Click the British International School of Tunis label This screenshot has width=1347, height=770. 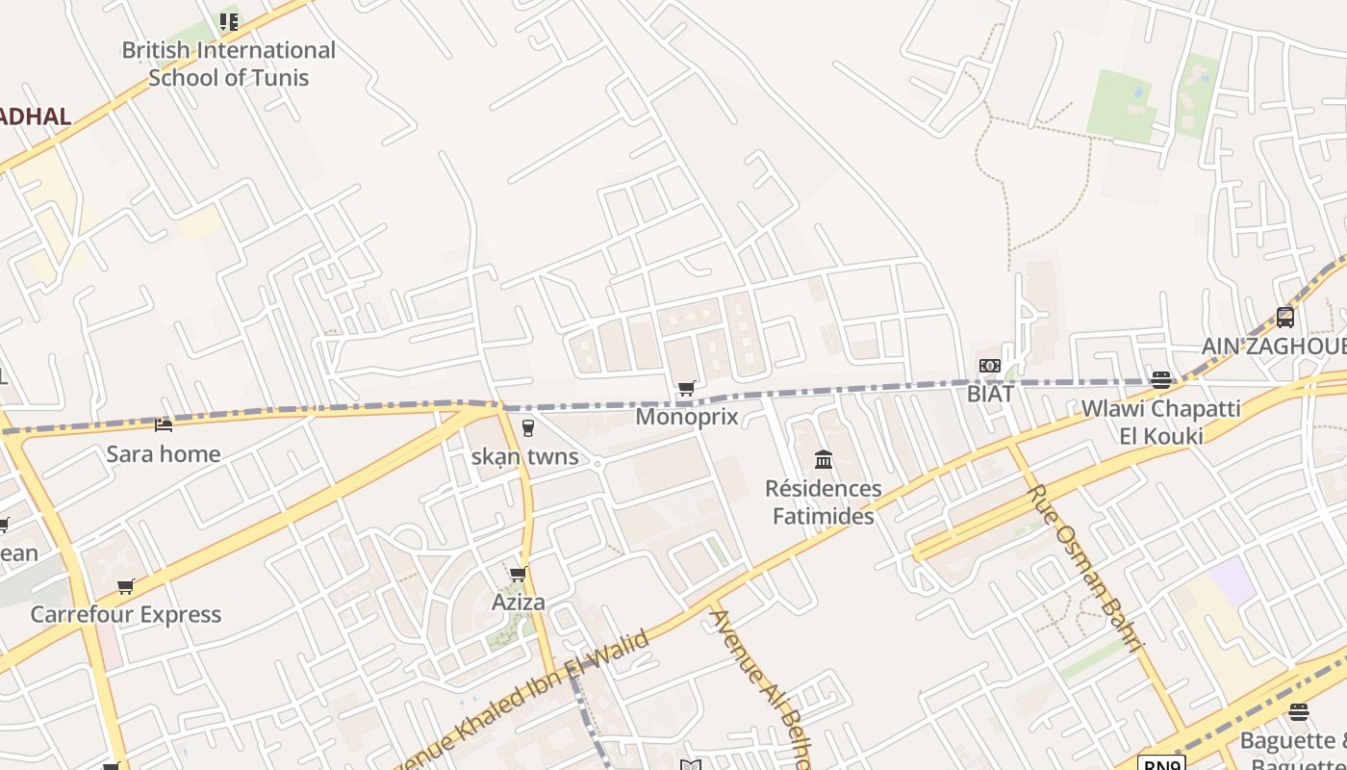[228, 64]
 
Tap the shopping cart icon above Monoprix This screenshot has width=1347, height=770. [686, 389]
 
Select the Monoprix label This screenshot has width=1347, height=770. [687, 417]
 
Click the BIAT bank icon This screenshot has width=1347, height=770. [990, 366]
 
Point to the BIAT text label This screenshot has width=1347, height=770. [990, 394]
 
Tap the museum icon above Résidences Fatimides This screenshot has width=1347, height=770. [823, 460]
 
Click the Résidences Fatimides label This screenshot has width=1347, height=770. [823, 502]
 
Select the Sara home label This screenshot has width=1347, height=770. [164, 454]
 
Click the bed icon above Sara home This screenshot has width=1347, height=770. [164, 424]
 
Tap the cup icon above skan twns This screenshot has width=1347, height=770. [527, 428]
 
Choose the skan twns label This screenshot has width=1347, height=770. [525, 456]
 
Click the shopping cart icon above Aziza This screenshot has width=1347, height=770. [518, 575]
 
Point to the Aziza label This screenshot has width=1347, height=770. [519, 603]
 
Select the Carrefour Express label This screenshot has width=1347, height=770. [126, 614]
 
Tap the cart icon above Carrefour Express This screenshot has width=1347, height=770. [125, 586]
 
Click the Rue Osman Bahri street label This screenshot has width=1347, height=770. [1085, 568]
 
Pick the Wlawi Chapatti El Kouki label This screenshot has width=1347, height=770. [1160, 422]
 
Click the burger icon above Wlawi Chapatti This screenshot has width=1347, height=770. [1161, 380]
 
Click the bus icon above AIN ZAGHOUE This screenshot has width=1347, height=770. [1285, 317]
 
